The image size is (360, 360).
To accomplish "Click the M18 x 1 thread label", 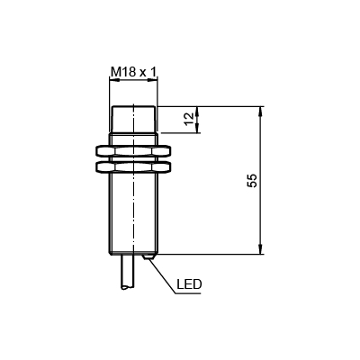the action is point(133,72).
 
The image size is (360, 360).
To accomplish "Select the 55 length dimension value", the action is point(252,180).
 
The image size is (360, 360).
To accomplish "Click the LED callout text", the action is point(189,283).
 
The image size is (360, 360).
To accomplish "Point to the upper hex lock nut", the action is point(133,151).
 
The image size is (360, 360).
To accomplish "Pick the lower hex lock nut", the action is point(133,167).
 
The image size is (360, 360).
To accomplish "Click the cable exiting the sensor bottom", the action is point(128,272).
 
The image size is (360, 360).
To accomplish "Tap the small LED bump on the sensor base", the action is point(148,257).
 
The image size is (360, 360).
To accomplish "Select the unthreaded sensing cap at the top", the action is point(133,120).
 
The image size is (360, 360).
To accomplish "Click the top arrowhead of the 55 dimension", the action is point(261,112).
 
